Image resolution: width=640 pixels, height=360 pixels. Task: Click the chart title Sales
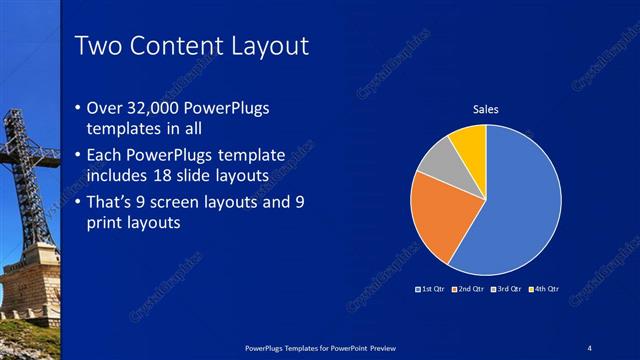[485, 109]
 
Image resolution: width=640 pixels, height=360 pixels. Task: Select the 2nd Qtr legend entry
[470, 289]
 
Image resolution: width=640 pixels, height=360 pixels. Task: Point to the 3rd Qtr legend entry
[507, 289]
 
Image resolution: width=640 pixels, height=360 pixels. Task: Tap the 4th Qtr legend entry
[544, 289]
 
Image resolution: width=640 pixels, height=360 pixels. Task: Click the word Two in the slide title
[100, 46]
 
